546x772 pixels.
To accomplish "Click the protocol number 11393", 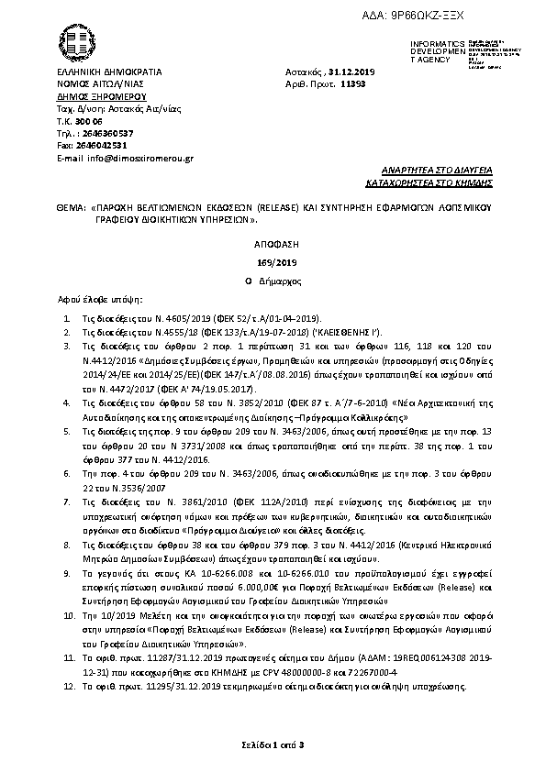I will tap(353, 83).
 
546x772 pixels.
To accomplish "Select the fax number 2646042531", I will tap(103, 145).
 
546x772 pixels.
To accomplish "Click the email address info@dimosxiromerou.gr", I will tap(138, 158).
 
